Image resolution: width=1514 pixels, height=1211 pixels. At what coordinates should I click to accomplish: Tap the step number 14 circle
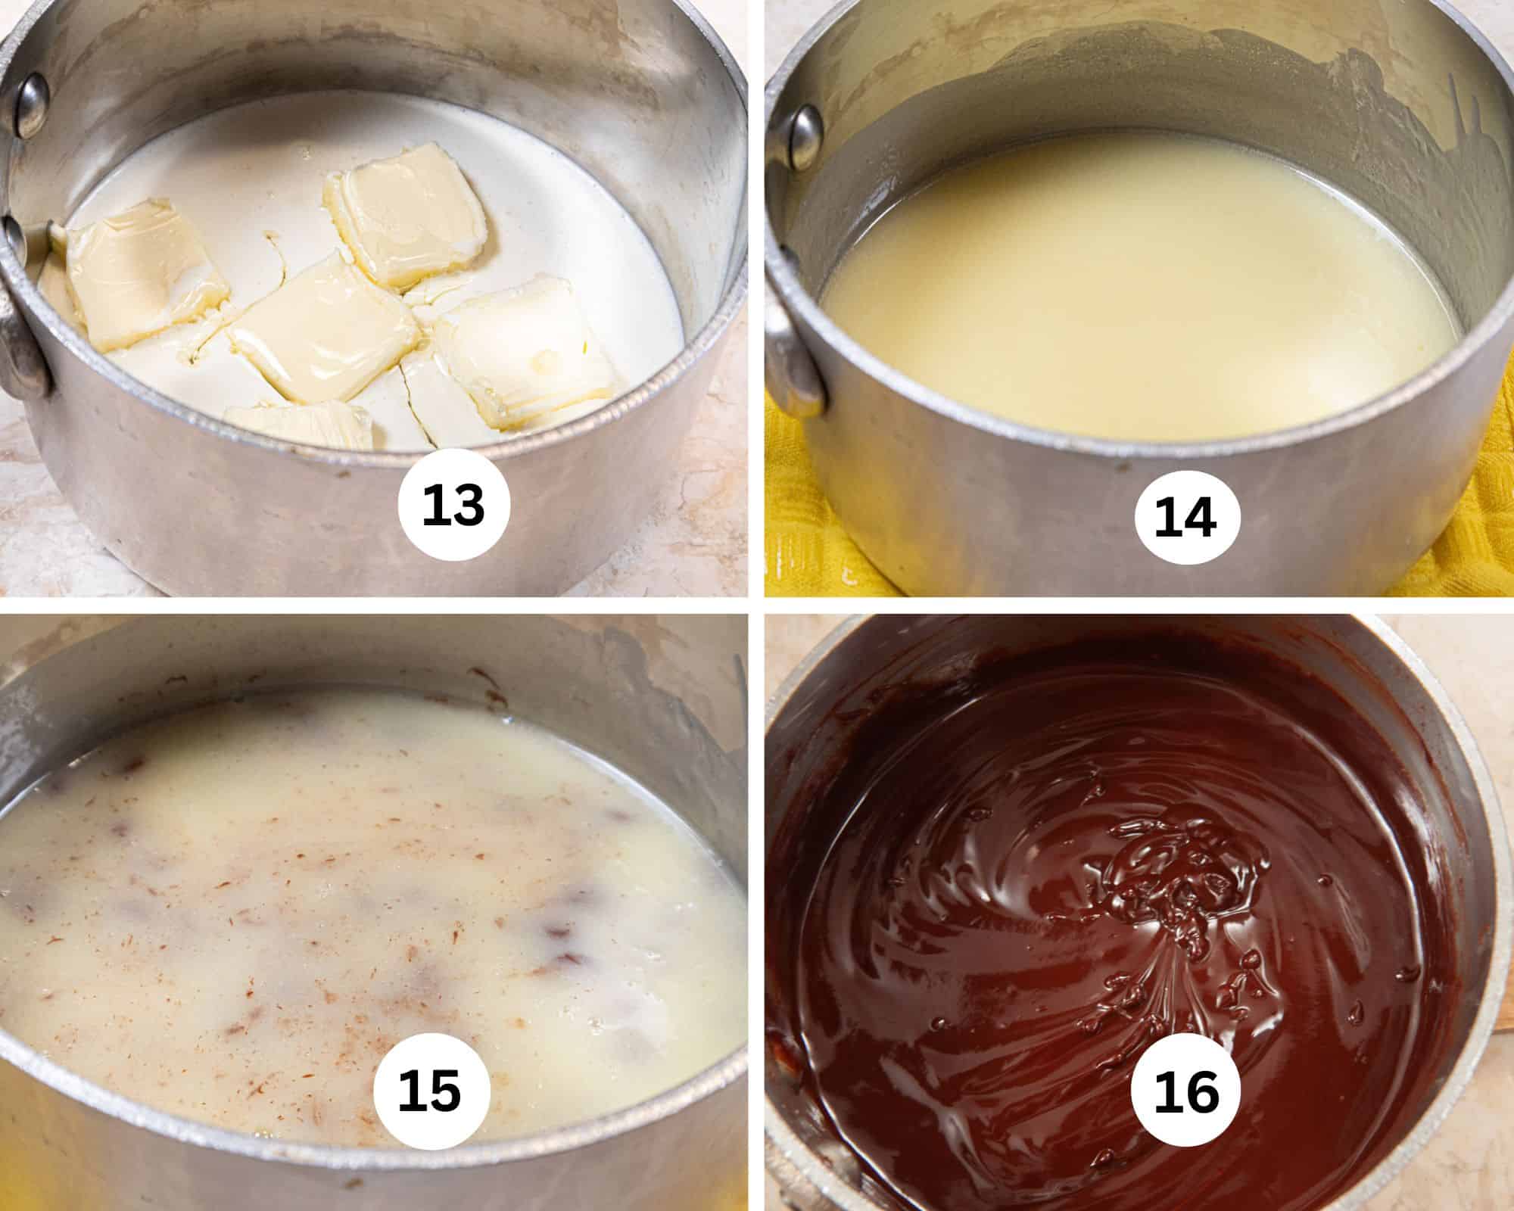point(1187,517)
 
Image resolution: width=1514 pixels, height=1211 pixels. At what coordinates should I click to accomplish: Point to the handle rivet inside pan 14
point(803,136)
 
